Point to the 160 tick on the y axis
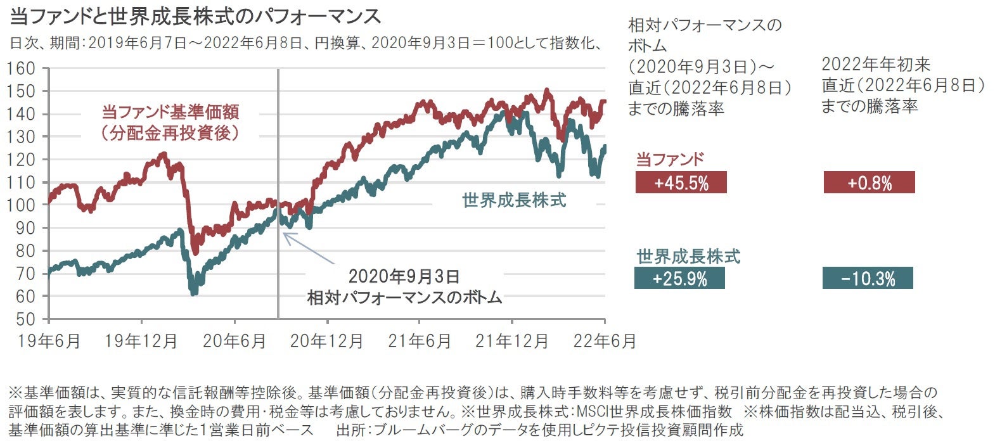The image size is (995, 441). (x=22, y=68)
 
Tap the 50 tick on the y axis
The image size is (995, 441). (x=26, y=319)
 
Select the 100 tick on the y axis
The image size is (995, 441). (x=22, y=205)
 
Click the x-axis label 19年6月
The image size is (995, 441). (x=49, y=341)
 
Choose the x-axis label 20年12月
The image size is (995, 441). (x=327, y=341)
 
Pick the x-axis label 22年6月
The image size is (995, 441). (x=604, y=341)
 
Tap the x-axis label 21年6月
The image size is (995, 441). (x=420, y=341)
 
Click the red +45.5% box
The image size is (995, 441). (x=681, y=183)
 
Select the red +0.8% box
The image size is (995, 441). (x=869, y=183)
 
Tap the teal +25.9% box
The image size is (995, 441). (x=679, y=278)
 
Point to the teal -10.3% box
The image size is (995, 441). (x=868, y=278)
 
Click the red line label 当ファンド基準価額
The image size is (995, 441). (x=170, y=112)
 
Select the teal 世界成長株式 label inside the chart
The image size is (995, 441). (x=514, y=200)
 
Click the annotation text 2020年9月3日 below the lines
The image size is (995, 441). (x=404, y=276)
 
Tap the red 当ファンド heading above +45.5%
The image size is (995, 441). (x=670, y=159)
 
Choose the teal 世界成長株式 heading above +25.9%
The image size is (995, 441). (x=688, y=257)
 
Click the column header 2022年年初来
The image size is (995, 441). (x=876, y=64)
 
